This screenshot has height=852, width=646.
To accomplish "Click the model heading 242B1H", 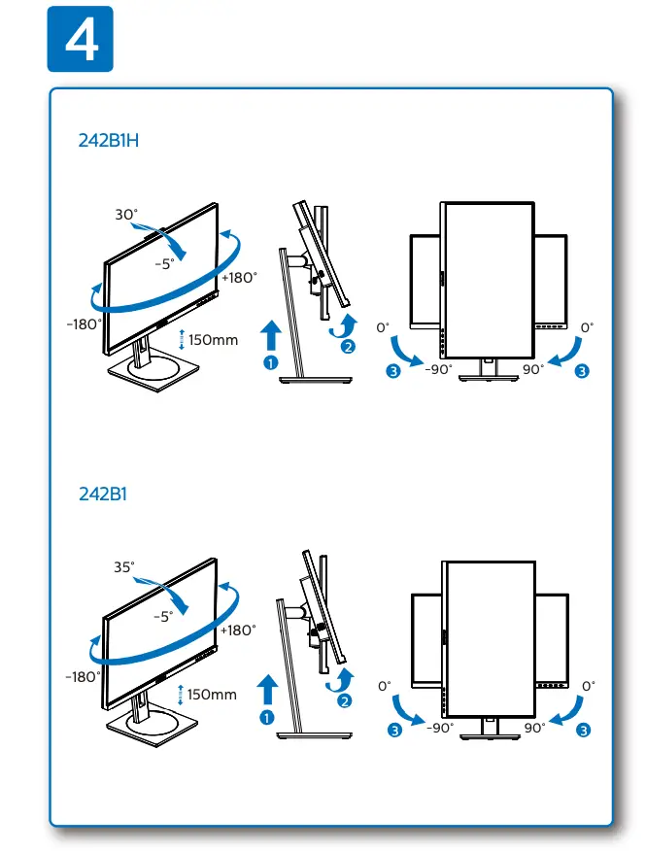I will point(110,139).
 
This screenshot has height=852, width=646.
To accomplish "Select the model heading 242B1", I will point(103,494).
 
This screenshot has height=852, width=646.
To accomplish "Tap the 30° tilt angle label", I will point(127,215).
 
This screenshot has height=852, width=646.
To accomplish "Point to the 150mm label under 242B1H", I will point(213,340).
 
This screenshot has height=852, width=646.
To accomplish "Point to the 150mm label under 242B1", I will point(212,695).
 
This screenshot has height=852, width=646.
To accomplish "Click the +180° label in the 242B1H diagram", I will point(240,277).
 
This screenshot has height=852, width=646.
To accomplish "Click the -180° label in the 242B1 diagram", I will point(84,676).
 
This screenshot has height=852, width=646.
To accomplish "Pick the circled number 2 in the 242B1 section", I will point(348,700).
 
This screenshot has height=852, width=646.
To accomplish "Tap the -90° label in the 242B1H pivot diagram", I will point(439,369).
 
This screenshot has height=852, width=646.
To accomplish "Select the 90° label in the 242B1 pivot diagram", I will point(534,727).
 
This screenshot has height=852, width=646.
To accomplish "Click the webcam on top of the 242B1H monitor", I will point(160,230).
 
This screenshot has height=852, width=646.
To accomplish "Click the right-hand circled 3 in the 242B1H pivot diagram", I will point(582,370).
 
